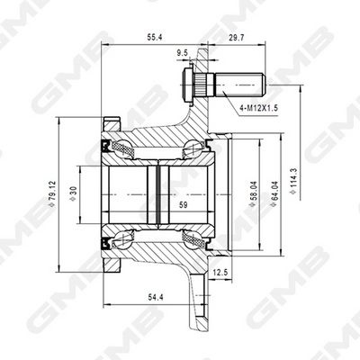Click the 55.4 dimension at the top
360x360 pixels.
tap(156, 39)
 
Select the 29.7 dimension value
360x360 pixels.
tap(236, 39)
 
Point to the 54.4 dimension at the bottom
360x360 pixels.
tap(154, 296)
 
